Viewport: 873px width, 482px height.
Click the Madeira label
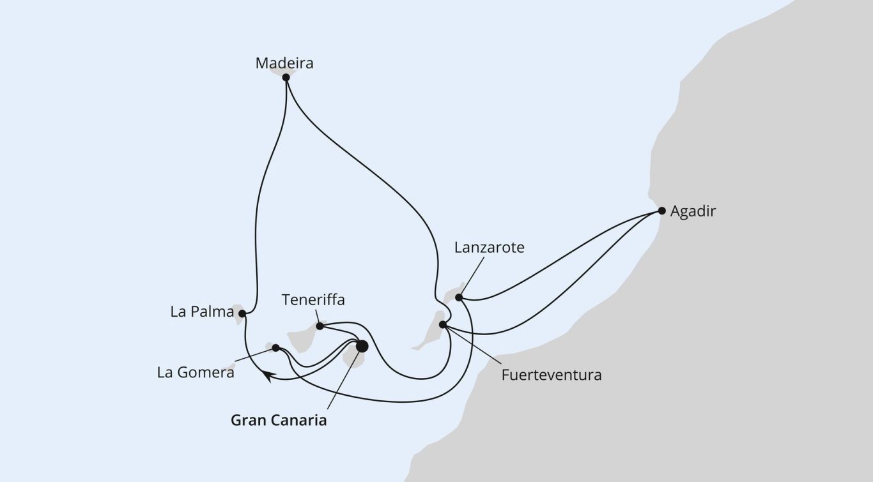click(x=284, y=63)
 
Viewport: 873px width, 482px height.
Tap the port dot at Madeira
click(x=286, y=77)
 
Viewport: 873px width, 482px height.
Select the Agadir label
click(x=693, y=211)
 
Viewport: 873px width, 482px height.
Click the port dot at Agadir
click(x=661, y=211)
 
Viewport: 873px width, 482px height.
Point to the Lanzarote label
click(x=490, y=248)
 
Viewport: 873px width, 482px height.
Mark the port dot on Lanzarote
click(x=459, y=297)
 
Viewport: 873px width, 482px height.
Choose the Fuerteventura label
click(x=552, y=375)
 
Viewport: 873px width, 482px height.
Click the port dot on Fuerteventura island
click(x=443, y=324)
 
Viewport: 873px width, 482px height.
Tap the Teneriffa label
click(x=313, y=300)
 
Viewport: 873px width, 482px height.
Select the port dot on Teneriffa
click(x=320, y=326)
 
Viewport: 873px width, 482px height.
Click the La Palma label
click(x=202, y=312)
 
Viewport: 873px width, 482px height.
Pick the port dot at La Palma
click(x=242, y=313)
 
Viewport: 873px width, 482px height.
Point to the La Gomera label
click(x=196, y=373)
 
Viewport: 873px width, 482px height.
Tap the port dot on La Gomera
click(x=275, y=348)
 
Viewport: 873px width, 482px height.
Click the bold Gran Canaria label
click(x=279, y=421)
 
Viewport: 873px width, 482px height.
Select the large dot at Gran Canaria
click(x=362, y=346)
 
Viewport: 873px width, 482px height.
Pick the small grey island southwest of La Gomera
click(x=231, y=366)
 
